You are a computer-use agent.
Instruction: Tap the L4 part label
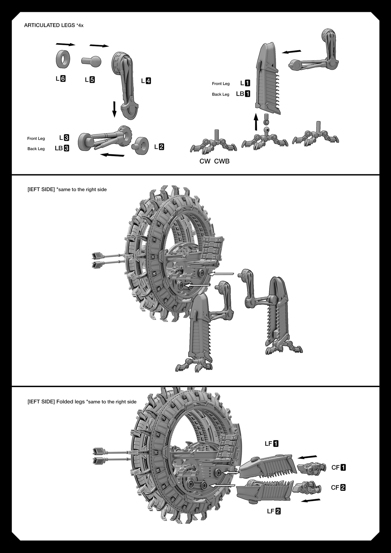146,81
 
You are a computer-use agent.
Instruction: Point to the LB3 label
62,148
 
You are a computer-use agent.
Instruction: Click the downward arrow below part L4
114,109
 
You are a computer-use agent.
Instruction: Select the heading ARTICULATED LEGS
50,25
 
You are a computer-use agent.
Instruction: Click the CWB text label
222,161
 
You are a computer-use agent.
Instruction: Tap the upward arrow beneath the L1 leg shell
256,122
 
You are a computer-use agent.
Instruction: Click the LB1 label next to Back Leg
243,94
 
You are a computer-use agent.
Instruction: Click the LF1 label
271,444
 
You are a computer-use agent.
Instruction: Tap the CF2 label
338,488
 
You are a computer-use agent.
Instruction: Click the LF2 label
274,511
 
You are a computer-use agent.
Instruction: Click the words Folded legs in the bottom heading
71,402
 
